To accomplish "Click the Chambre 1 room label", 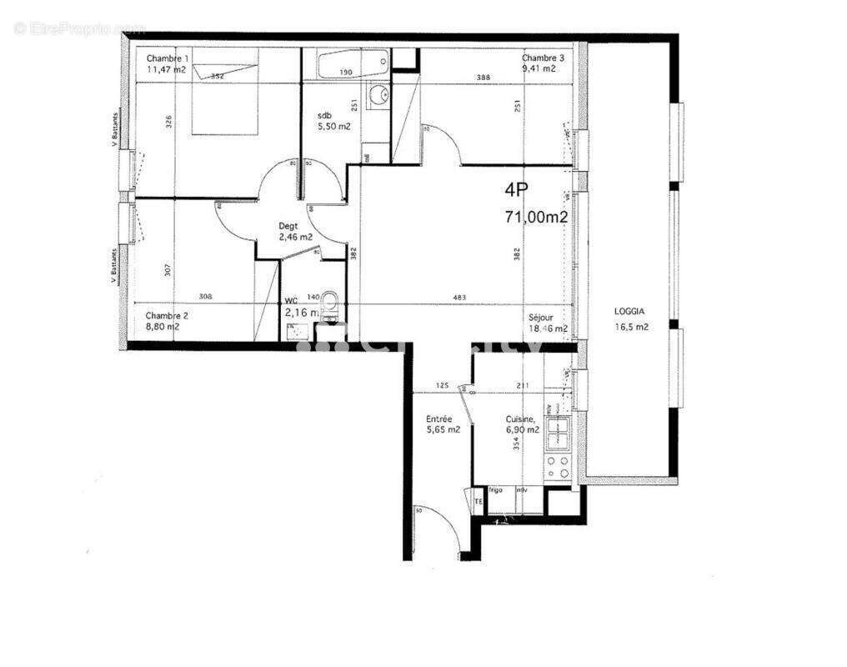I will click(168, 58).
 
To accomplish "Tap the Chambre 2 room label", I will click(167, 315).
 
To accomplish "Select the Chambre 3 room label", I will click(544, 58).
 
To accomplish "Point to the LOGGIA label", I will click(629, 311).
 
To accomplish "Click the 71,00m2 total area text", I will click(536, 217).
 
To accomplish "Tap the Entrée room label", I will click(439, 419).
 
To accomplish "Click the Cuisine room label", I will click(521, 419).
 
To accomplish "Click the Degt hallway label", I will click(288, 226).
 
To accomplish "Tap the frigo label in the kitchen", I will click(497, 490).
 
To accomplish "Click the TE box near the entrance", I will click(479, 501).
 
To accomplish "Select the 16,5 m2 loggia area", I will click(631, 328).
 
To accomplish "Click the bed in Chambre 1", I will click(223, 100).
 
